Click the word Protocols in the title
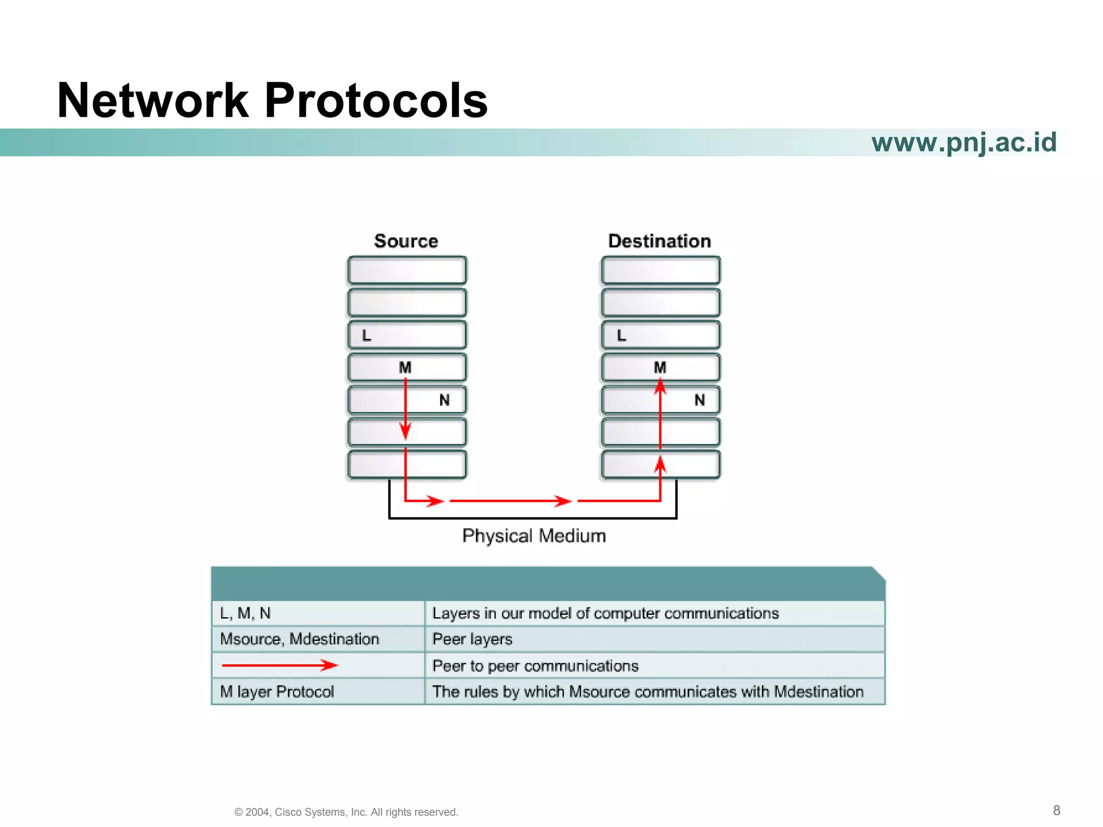click(375, 101)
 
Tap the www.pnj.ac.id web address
click(964, 143)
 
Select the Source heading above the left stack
click(406, 241)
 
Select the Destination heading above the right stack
click(659, 241)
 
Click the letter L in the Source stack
click(367, 335)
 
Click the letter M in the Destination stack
click(660, 367)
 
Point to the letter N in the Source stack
click(444, 400)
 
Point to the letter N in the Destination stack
click(699, 400)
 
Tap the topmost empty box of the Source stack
click(407, 270)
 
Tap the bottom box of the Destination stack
click(660, 465)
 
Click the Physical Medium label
click(534, 536)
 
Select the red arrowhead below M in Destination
click(660, 387)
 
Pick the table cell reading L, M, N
click(318, 613)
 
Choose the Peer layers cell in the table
click(654, 639)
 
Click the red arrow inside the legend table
click(280, 665)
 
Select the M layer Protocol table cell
click(318, 691)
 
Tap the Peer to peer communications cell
click(654, 666)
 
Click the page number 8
click(1056, 810)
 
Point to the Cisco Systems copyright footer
click(346, 812)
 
